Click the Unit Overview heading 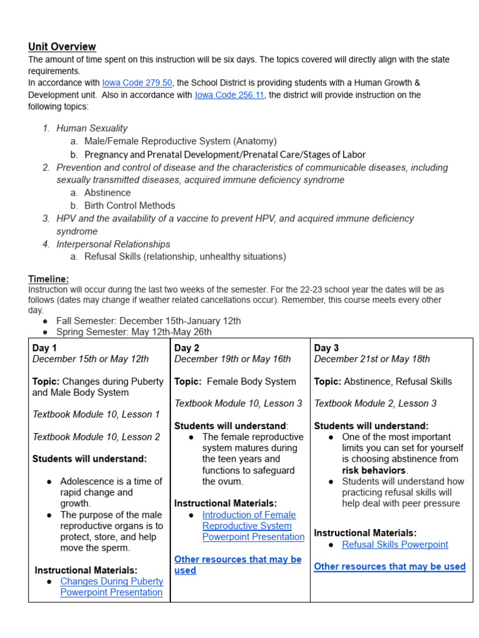[62, 47]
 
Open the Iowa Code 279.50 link [137, 82]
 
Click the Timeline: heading [49, 279]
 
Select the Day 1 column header [44, 348]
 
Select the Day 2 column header [186, 348]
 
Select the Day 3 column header [326, 348]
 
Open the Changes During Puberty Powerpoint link [111, 587]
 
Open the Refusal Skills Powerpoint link [395, 545]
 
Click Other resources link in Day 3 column [390, 566]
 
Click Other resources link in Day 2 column [238, 564]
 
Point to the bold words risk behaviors [374, 470]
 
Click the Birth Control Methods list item [130, 206]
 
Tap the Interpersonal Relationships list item [113, 244]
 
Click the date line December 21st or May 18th [372, 359]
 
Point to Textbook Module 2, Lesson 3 [375, 403]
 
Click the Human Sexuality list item [92, 128]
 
